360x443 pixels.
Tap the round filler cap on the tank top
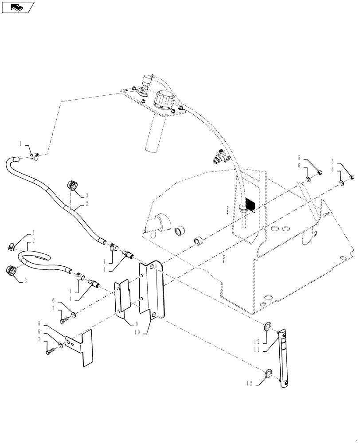(x=163, y=102)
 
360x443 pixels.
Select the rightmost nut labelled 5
(x=351, y=177)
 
